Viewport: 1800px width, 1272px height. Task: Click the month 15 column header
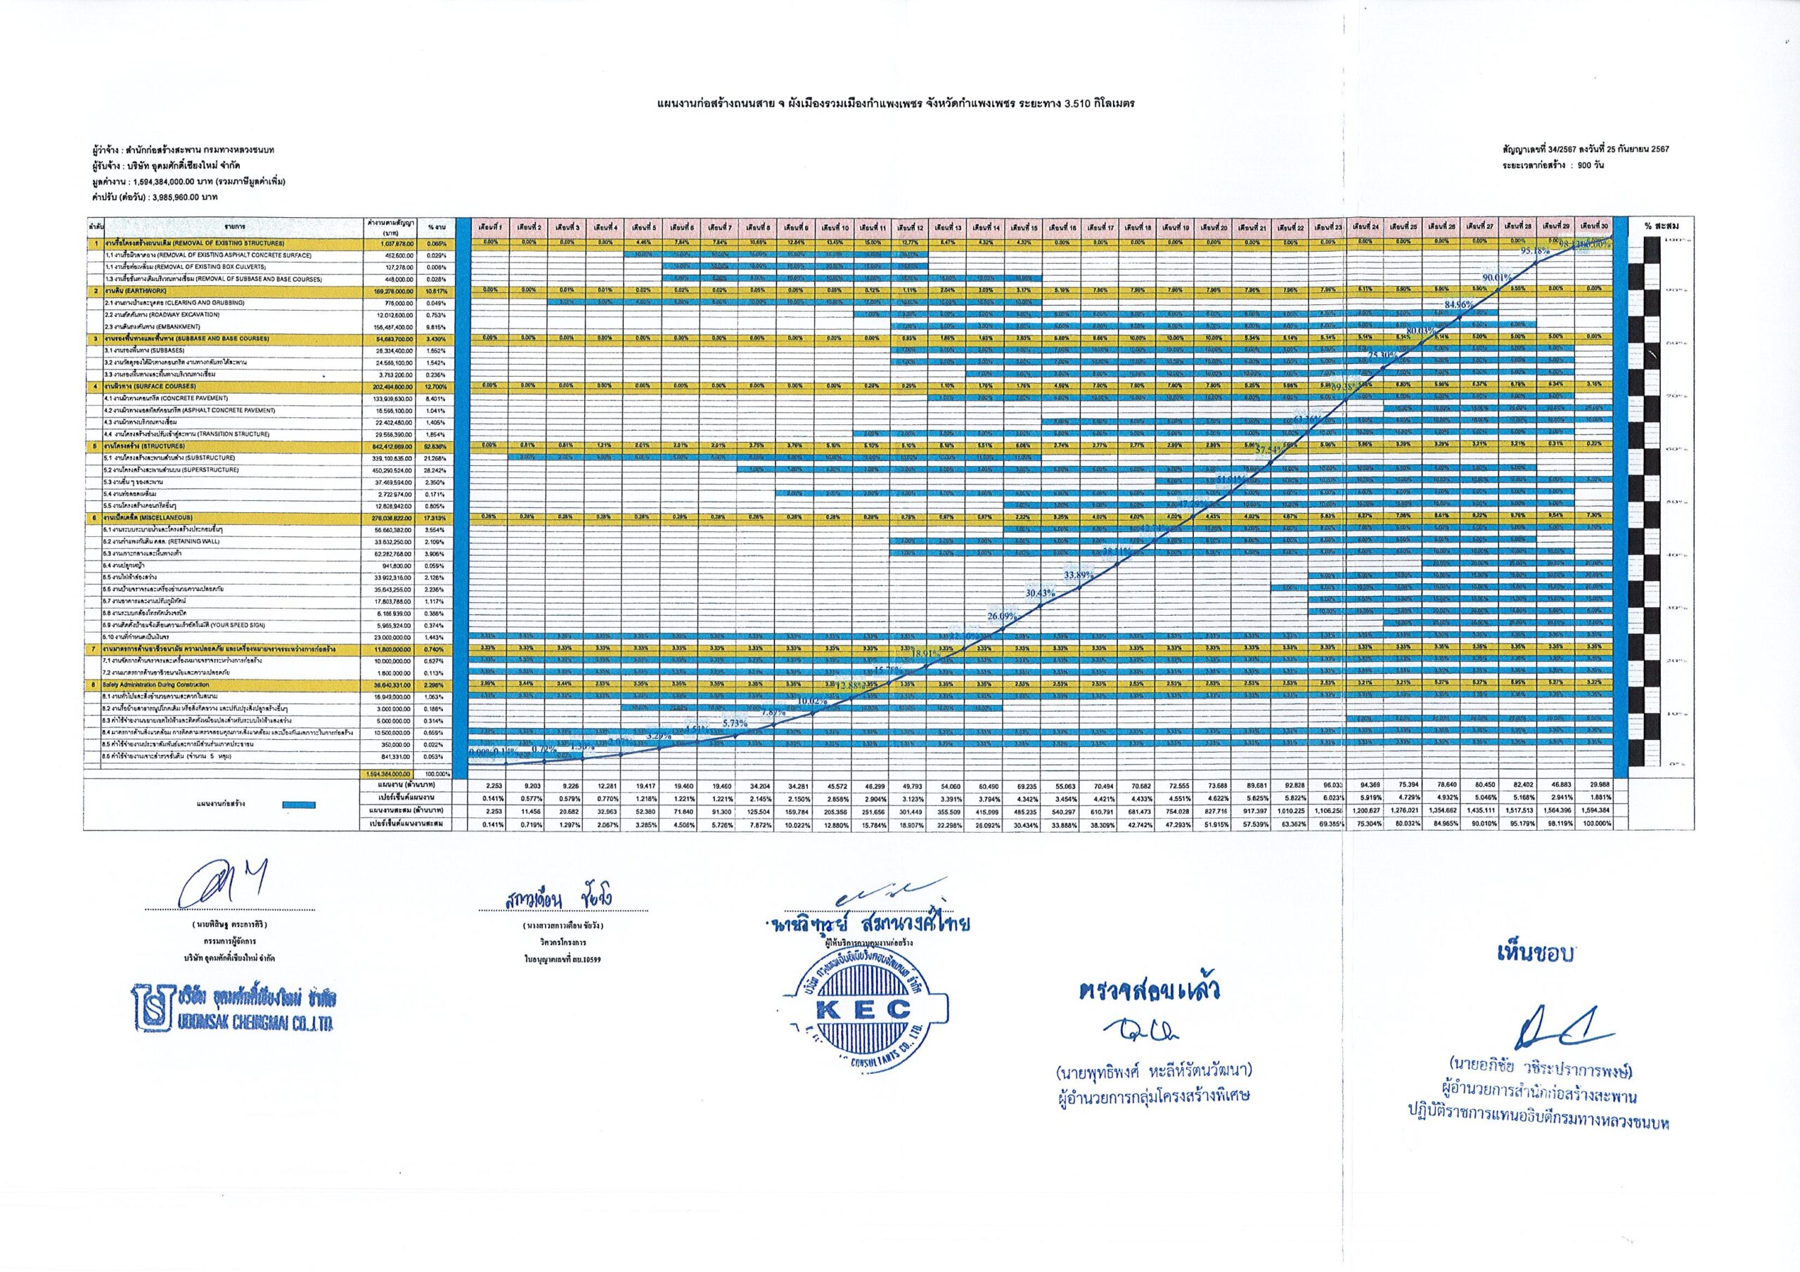(1024, 227)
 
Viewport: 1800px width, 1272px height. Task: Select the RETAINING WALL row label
(162, 541)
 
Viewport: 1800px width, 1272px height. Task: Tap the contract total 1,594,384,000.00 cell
(394, 774)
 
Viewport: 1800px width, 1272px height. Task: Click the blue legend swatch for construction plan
(298, 803)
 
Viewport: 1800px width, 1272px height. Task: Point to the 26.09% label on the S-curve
(1002, 616)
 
